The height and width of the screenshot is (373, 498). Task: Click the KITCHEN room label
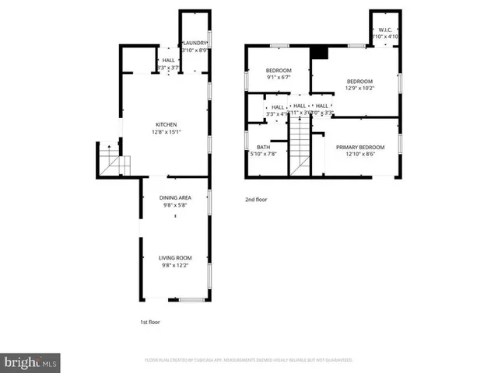[166, 124]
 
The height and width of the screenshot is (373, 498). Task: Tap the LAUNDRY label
[194, 43]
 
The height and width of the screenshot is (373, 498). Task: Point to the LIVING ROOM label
[175, 258]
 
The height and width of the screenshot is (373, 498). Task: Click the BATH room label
[264, 146]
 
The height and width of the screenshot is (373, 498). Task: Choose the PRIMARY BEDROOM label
[359, 146]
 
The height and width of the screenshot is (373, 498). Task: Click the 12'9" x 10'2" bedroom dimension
[359, 88]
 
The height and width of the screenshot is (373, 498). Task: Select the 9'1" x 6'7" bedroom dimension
[279, 77]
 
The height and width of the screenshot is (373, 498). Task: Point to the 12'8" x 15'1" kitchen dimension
[166, 131]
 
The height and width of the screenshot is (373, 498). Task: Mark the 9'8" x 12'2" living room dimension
[175, 265]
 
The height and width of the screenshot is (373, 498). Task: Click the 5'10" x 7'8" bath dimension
[264, 153]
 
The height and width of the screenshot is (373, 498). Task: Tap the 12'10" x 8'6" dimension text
[359, 153]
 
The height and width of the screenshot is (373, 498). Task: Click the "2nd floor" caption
[256, 200]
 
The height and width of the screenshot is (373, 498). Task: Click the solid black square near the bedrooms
[318, 53]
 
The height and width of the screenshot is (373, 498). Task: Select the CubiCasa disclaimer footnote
[249, 360]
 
